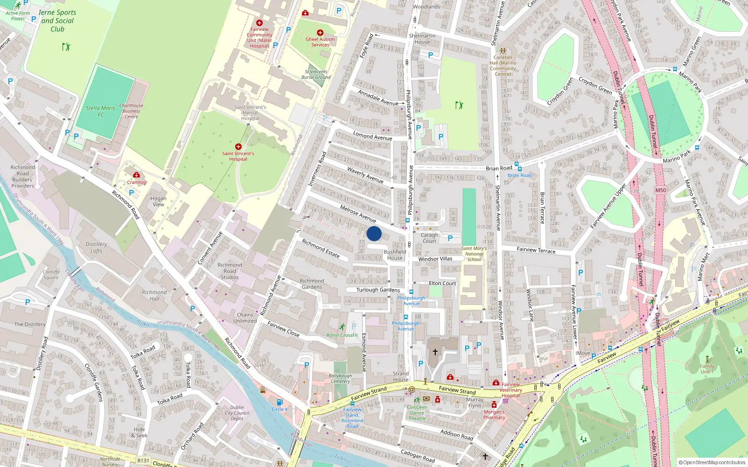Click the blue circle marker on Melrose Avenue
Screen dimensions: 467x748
[x=374, y=233]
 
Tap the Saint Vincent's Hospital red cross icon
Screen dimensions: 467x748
[x=238, y=147]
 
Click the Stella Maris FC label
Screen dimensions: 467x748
[x=101, y=111]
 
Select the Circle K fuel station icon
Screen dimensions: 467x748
[x=280, y=402]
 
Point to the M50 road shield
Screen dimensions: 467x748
[x=660, y=190]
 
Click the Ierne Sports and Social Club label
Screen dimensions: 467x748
[x=57, y=21]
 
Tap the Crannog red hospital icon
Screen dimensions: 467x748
[x=136, y=175]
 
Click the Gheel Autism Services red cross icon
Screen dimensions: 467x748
[x=320, y=33]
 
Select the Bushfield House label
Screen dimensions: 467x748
[x=395, y=255]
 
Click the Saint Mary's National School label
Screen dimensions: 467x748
[x=474, y=254]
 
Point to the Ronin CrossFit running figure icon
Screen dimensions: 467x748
[x=342, y=327]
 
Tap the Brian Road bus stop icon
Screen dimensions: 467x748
[x=517, y=164]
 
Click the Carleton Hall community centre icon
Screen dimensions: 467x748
[x=503, y=50]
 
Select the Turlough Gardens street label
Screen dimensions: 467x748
[x=378, y=290]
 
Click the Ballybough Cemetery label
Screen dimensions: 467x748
[x=340, y=378]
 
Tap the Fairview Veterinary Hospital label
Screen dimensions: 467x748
[x=511, y=390]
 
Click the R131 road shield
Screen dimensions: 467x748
[x=143, y=460]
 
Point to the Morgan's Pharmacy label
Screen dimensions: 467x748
[x=494, y=415]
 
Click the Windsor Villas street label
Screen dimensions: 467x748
[x=435, y=259]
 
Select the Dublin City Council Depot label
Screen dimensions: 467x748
[x=237, y=413]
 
